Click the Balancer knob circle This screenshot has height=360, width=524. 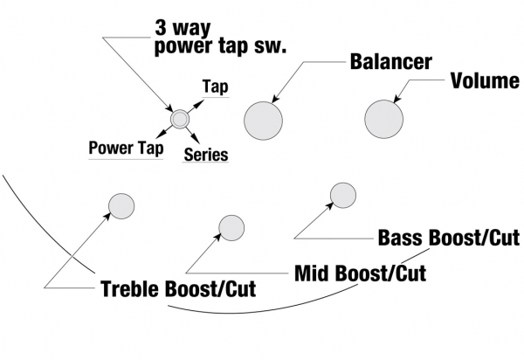(x=264, y=120)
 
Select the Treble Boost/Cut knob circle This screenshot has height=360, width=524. (x=121, y=206)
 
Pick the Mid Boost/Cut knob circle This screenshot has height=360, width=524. (x=232, y=228)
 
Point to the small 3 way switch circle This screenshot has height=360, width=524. (x=180, y=119)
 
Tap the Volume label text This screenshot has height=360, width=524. (x=486, y=82)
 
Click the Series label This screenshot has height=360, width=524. (x=206, y=155)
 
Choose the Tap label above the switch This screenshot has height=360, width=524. (x=215, y=87)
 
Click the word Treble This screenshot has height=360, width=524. (x=131, y=289)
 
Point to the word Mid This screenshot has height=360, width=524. (x=311, y=273)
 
